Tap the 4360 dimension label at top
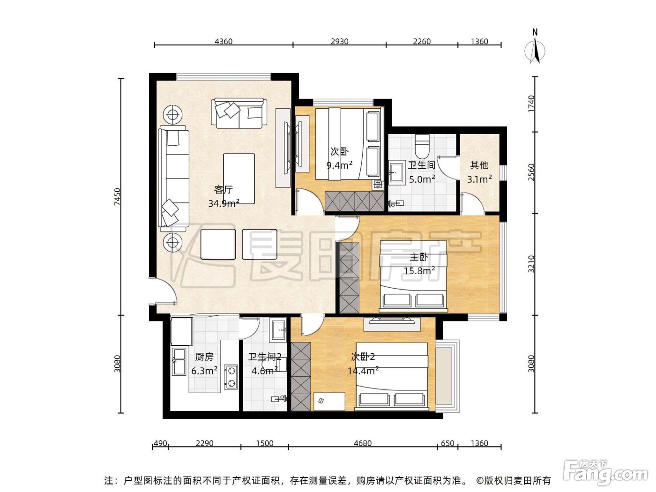[224, 41]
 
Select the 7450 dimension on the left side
[118, 196]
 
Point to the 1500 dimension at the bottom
[264, 443]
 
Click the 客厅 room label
[223, 189]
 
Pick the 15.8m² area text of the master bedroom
[419, 270]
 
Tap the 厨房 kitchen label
[204, 357]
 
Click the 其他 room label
[479, 164]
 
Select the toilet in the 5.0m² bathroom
[422, 146]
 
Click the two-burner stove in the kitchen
[231, 377]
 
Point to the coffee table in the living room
[239, 179]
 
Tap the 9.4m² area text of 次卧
[339, 164]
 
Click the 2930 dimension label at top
[340, 41]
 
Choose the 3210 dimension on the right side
[531, 264]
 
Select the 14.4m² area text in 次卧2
[363, 371]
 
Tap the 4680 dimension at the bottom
[363, 443]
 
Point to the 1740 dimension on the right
[531, 104]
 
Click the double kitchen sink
[179, 361]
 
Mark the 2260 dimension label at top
[422, 41]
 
